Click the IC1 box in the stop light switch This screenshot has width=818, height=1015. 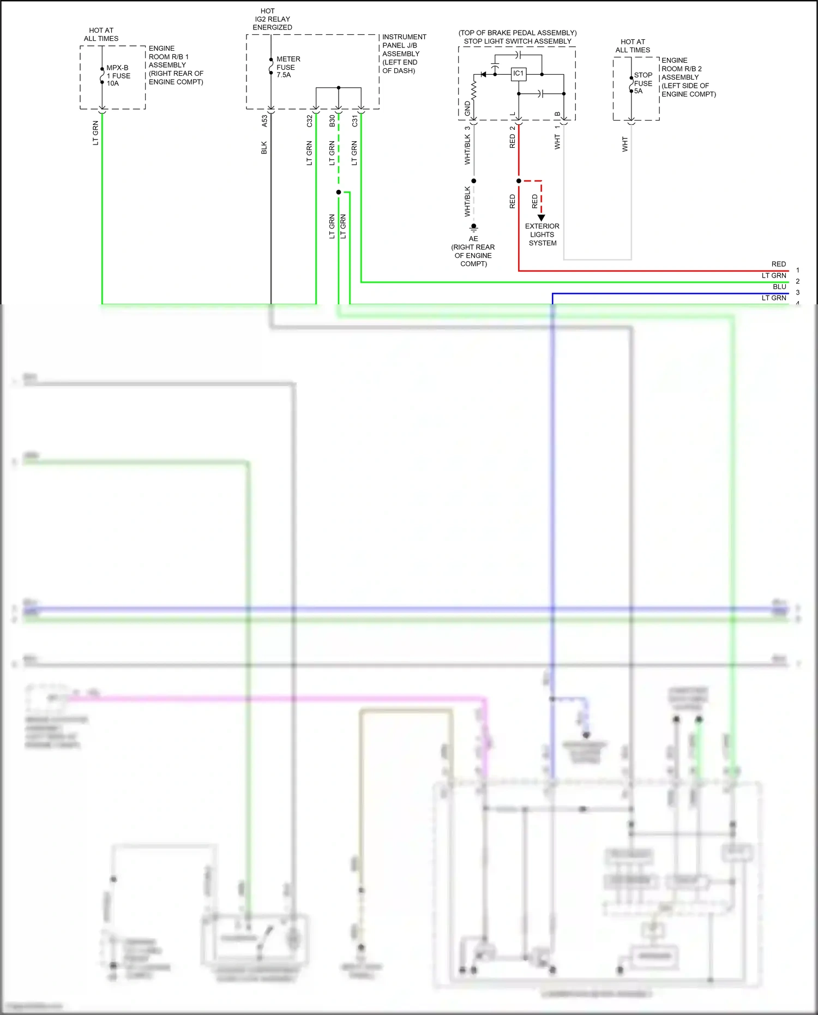[518, 74]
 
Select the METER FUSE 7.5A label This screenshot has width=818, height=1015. [287, 67]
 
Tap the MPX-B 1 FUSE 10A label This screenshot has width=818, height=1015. [118, 76]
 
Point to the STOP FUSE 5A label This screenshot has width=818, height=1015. [643, 83]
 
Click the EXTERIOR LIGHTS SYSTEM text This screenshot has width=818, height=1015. [542, 235]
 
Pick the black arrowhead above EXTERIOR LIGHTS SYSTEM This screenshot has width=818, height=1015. [541, 218]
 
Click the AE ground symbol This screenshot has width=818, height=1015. [474, 227]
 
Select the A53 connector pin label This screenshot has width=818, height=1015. [264, 121]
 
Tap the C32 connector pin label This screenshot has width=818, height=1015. [309, 121]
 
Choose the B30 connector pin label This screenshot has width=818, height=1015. [332, 121]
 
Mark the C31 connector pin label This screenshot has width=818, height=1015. [354, 121]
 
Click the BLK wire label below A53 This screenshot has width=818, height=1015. [264, 148]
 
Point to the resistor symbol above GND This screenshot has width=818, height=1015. [474, 91]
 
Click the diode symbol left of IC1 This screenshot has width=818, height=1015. [483, 74]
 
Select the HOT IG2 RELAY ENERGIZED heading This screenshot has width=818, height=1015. [272, 19]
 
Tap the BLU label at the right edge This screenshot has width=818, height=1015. [779, 287]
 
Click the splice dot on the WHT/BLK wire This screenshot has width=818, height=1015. [474, 181]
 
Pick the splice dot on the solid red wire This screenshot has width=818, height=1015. [519, 181]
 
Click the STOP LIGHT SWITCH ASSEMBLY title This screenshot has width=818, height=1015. [518, 41]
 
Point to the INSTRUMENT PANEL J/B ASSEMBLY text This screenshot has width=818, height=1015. [404, 53]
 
